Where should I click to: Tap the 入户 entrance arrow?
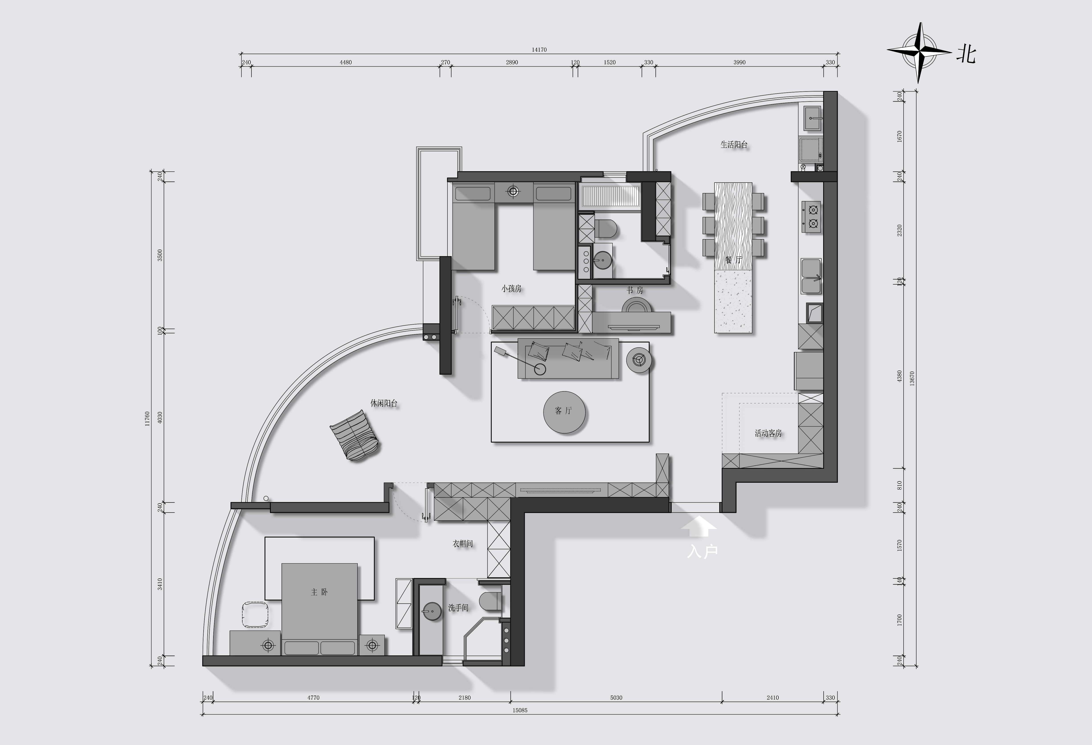699,526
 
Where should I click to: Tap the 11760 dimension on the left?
147,419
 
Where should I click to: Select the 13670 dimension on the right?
912,378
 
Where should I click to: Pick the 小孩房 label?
511,288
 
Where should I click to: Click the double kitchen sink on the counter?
811,276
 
